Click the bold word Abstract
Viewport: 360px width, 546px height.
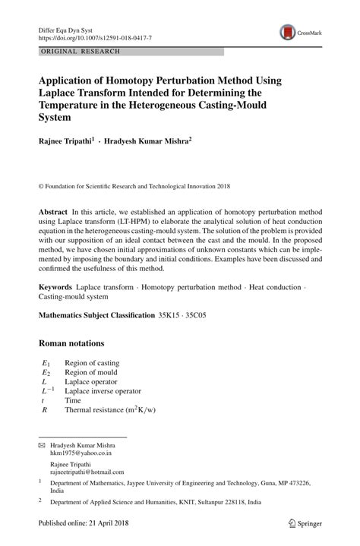click(52, 210)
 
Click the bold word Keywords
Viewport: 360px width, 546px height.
click(55, 289)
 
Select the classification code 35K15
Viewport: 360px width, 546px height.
click(169, 314)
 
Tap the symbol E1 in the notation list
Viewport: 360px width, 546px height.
click(46, 363)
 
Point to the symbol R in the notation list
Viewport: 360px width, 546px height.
click(45, 409)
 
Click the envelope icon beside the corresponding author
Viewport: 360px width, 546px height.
click(42, 443)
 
